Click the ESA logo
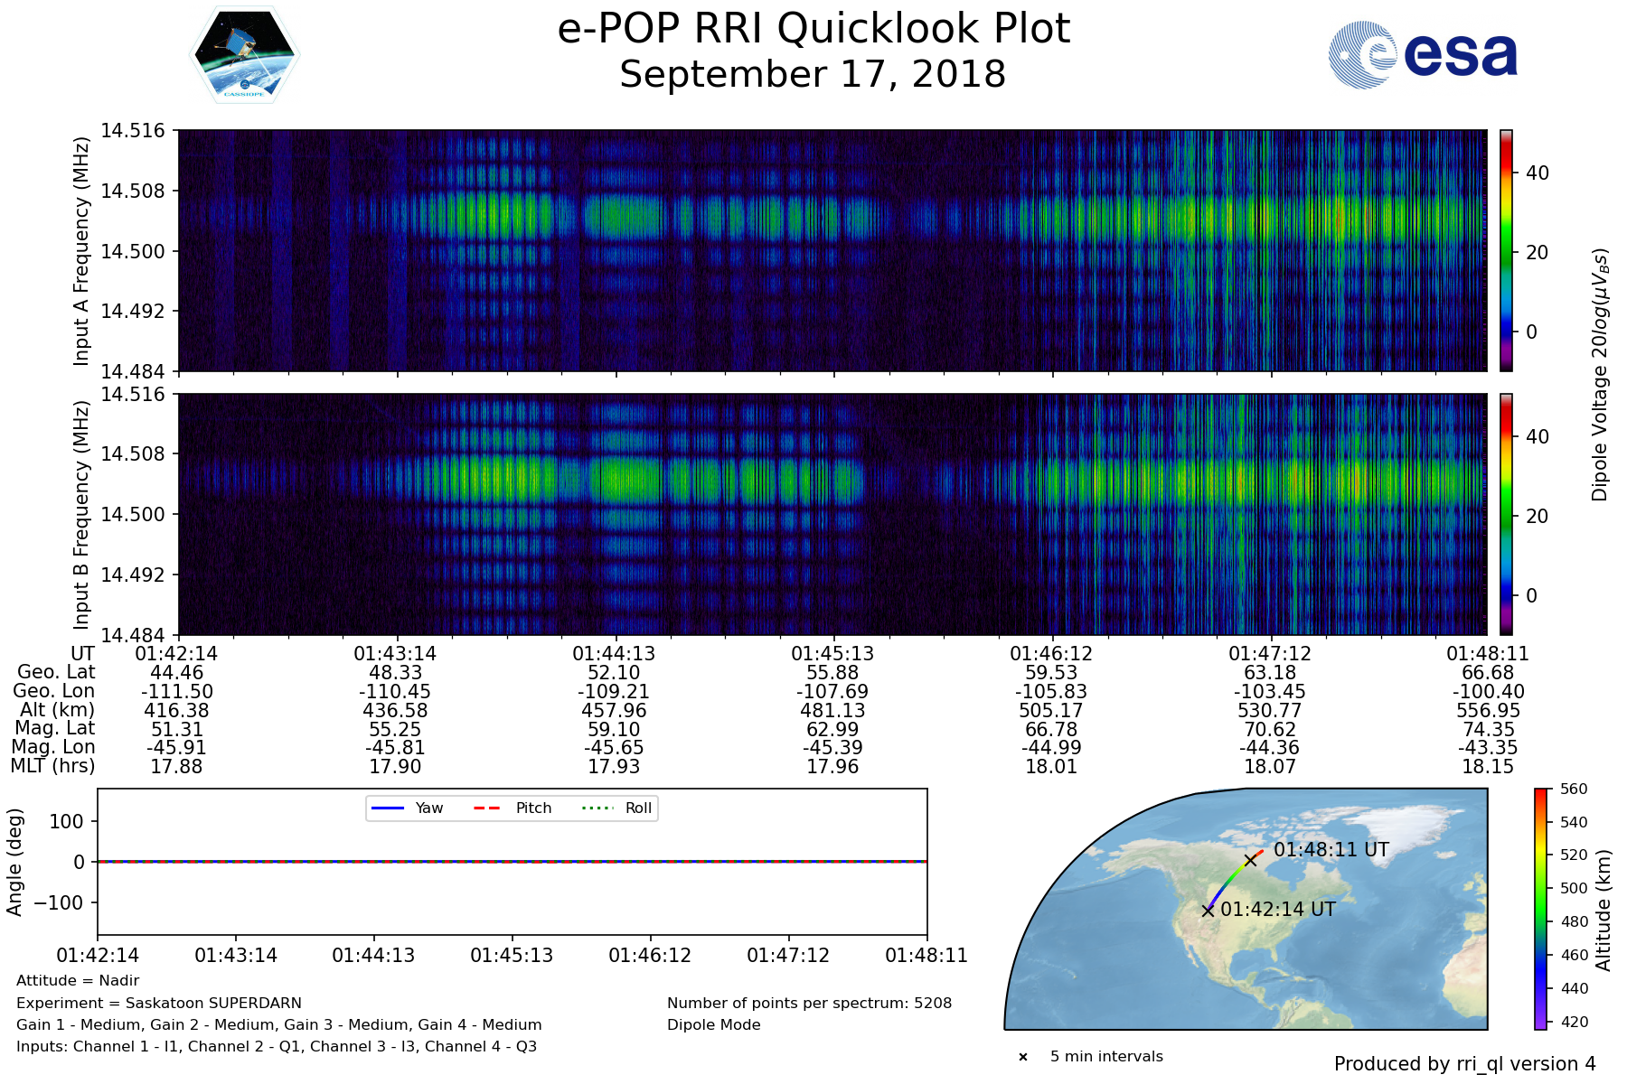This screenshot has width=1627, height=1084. [1423, 55]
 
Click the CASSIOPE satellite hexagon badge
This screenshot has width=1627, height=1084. [245, 55]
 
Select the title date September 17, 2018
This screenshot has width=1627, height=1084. [813, 74]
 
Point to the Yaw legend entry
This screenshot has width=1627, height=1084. [407, 808]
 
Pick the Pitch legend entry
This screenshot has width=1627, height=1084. [513, 808]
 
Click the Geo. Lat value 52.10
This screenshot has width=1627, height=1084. [614, 673]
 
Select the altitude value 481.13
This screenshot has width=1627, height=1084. [832, 711]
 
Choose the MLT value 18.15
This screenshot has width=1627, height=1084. [1489, 767]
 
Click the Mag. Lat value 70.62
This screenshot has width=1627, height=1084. [1270, 730]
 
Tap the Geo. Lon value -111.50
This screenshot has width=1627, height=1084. [177, 692]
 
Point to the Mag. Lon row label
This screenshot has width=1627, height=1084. [53, 747]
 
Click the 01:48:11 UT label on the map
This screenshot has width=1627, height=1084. [1331, 850]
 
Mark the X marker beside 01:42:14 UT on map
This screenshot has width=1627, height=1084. [1208, 911]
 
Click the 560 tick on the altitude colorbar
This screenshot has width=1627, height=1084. [1574, 789]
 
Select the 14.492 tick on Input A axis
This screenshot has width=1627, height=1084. [133, 312]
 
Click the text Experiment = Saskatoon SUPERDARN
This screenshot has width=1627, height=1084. [159, 1003]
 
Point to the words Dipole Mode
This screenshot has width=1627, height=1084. [714, 1025]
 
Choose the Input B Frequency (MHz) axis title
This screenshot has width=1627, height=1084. [82, 515]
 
